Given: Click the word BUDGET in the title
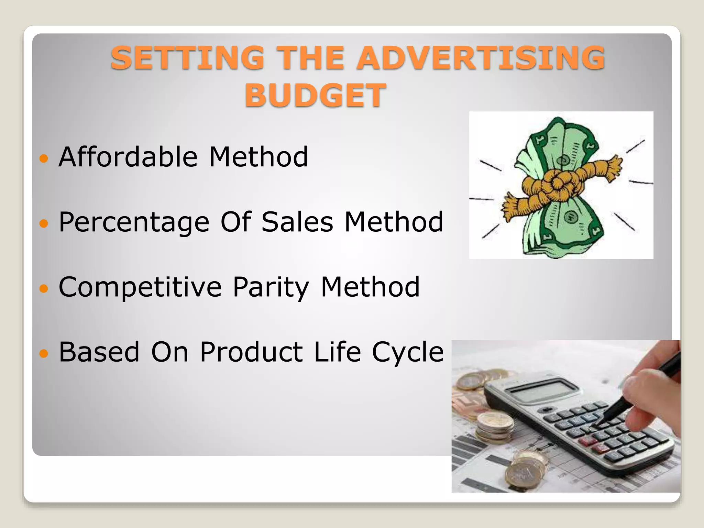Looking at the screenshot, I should tap(315, 95).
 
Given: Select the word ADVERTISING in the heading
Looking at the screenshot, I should tap(480, 58).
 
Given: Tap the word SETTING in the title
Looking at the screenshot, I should tap(187, 58).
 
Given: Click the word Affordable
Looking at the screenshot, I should tap(128, 157).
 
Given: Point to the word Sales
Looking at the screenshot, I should tap(297, 222).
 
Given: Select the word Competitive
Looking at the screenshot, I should tap(140, 287).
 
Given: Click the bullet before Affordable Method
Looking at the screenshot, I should tap(44, 158).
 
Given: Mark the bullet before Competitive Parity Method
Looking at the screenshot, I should tap(44, 288).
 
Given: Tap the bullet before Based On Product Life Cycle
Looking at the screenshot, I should tap(44, 353).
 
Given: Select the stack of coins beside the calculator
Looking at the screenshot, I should tap(495, 428).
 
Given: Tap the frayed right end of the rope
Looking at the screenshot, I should tap(614, 167).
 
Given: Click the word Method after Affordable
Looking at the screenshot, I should tap(258, 157).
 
